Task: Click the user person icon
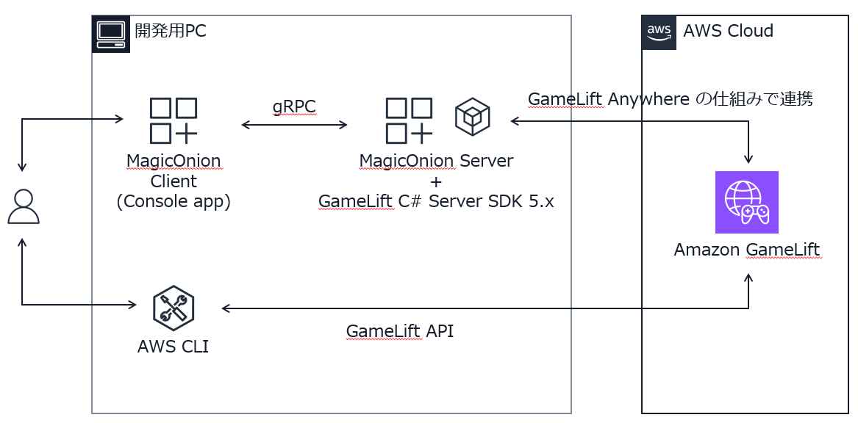coord(23,206)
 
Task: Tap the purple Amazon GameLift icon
coord(746,203)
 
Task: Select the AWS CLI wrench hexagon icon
coord(174,308)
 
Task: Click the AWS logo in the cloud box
coord(659,32)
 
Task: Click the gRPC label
coord(294,106)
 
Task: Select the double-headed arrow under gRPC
coord(294,125)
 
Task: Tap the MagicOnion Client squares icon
coord(174,120)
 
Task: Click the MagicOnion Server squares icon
coord(409,120)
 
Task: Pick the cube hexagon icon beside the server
coord(472,117)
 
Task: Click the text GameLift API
coord(399,331)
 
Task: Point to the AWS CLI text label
coord(173,347)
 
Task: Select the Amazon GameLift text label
coord(746,250)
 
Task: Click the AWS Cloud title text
coord(728,32)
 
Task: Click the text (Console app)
coord(174,201)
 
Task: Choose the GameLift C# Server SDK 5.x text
coord(435,201)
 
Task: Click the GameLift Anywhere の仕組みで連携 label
coord(670,99)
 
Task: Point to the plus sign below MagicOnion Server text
coord(435,181)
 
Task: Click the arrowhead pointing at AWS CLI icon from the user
coord(132,305)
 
